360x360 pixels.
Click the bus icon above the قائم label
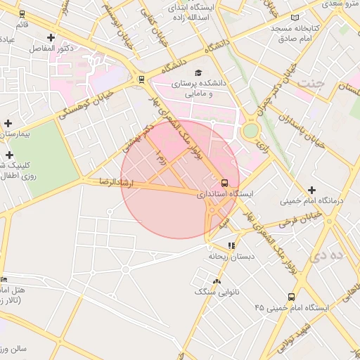coord(22,13)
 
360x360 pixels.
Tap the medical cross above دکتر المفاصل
coord(51,37)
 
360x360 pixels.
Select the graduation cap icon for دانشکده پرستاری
coord(198,72)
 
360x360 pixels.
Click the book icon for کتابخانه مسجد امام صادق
coord(295,17)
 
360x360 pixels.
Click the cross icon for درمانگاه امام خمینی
coord(312,190)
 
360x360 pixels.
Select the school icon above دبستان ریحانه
coord(231,245)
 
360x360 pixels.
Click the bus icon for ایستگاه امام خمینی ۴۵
coord(291,297)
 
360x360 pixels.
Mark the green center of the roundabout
coord(250,131)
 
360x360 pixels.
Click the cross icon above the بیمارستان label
coord(8,123)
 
